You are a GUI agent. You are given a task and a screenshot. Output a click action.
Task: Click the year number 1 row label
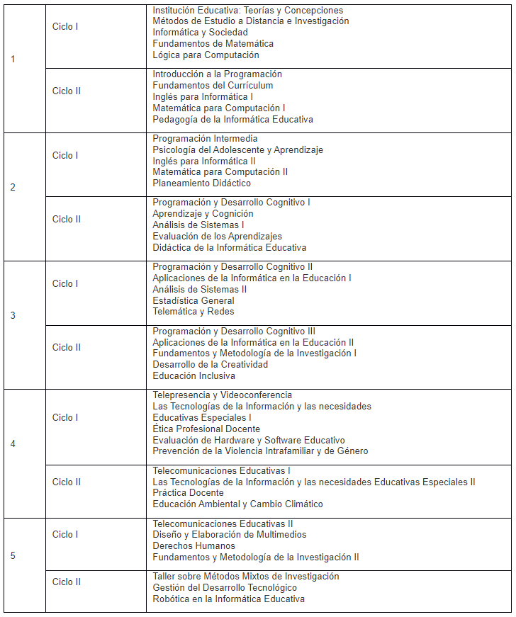(x=13, y=59)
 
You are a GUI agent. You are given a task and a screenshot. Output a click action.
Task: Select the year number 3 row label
(x=13, y=315)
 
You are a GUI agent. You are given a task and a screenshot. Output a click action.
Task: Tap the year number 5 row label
(x=13, y=555)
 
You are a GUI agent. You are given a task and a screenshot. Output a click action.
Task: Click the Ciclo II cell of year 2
(x=67, y=219)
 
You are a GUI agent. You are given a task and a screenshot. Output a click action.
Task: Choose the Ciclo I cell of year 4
(x=65, y=417)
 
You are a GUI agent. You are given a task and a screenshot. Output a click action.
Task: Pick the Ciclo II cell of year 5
(x=67, y=582)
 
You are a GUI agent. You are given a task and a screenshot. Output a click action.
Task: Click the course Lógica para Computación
(x=206, y=55)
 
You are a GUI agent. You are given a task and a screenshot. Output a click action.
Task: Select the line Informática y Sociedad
(x=200, y=32)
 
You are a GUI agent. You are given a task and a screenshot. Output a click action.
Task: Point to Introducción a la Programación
(x=217, y=74)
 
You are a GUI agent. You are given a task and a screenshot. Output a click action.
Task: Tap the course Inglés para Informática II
(x=204, y=161)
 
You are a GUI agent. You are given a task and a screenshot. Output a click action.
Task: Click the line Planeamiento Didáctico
(x=201, y=183)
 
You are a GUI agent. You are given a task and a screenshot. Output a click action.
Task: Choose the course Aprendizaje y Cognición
(x=203, y=213)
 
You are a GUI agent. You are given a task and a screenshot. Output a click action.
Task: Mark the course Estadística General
(x=193, y=300)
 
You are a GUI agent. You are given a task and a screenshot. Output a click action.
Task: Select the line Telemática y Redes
(x=193, y=311)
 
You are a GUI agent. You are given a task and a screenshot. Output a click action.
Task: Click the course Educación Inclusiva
(x=193, y=375)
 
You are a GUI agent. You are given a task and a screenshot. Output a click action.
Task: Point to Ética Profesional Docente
(x=206, y=429)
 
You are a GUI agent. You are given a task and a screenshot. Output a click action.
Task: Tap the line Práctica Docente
(x=188, y=492)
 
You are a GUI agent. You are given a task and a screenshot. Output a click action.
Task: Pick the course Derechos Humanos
(x=194, y=545)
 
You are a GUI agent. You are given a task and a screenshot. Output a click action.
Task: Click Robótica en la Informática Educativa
(x=228, y=599)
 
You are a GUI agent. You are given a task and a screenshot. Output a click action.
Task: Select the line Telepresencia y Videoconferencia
(x=222, y=395)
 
